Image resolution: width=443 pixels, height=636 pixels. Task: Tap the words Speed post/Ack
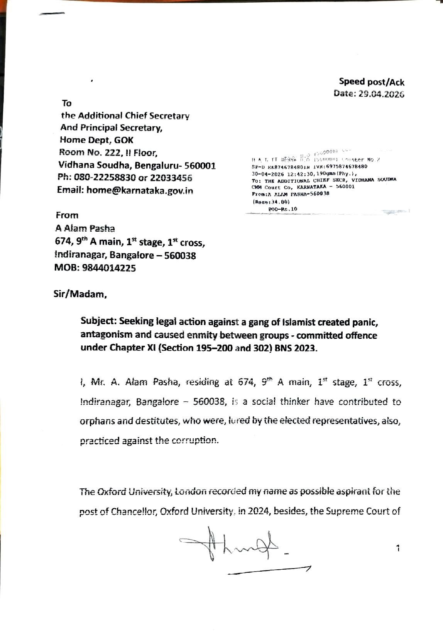[x=371, y=81]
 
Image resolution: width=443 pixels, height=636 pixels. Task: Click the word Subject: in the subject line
[x=98, y=321]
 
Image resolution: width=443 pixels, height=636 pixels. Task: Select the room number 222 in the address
[x=111, y=153]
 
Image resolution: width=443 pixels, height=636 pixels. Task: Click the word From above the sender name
[x=67, y=215]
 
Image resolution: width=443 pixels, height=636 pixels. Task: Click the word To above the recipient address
[x=67, y=103]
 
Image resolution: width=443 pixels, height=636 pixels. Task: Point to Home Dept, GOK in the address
[x=96, y=140]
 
